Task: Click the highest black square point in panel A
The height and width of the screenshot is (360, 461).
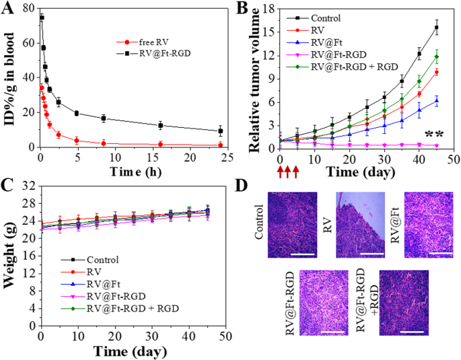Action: [42, 17]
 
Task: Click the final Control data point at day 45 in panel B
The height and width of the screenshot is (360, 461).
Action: [436, 28]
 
